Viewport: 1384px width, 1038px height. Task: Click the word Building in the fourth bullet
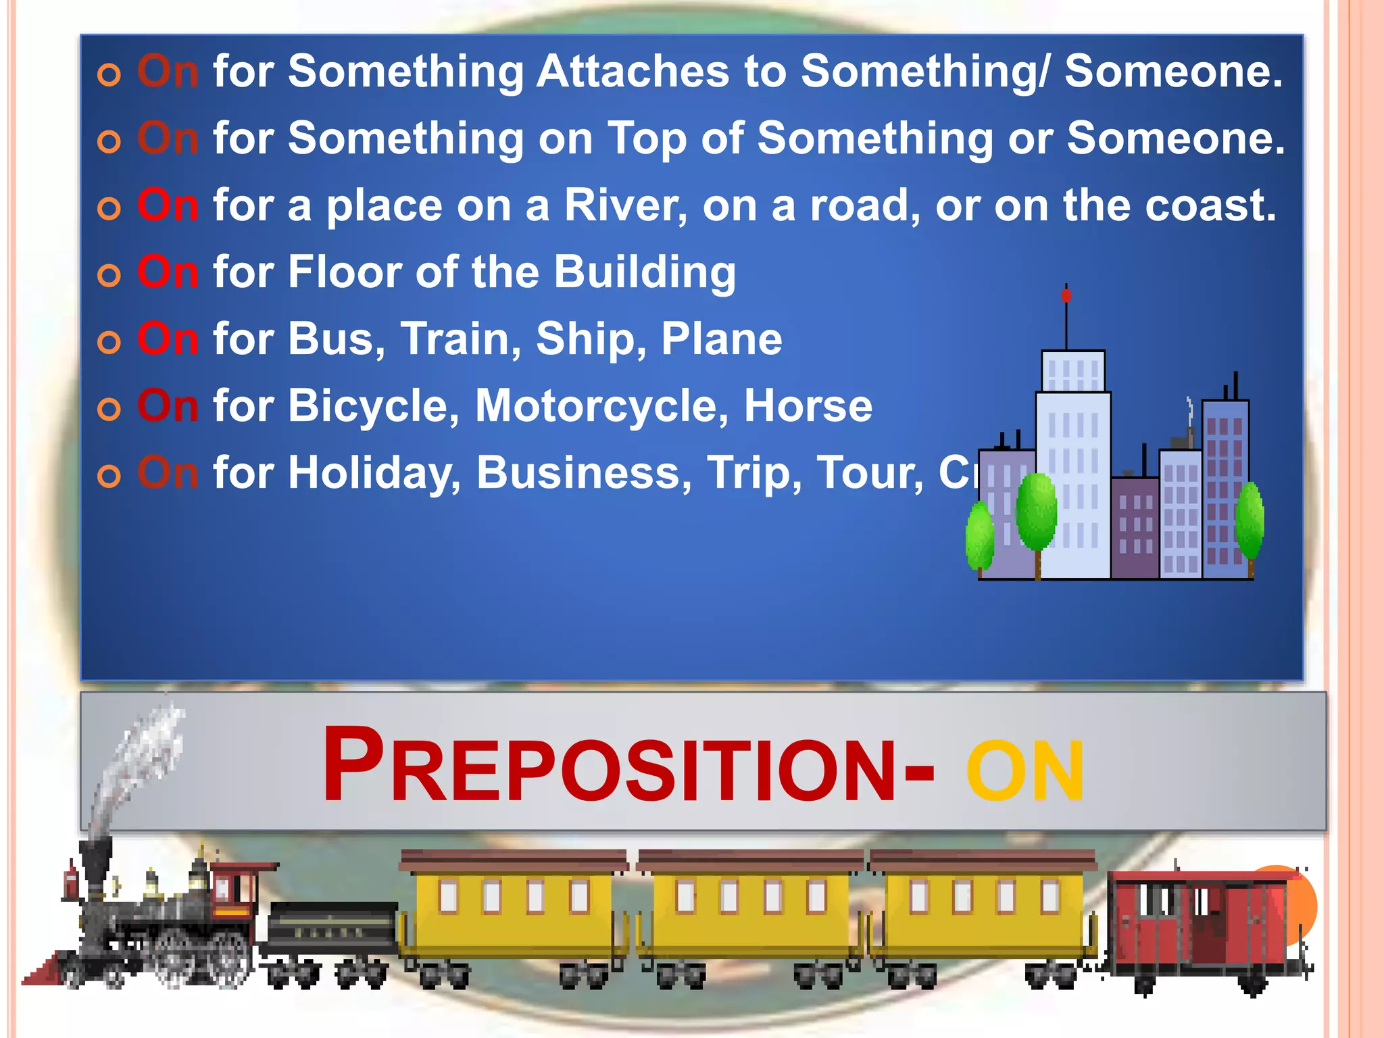645,272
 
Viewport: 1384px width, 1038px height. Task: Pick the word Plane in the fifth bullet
721,339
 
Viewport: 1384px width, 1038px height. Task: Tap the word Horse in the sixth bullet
808,405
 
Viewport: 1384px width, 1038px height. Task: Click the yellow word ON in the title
1024,772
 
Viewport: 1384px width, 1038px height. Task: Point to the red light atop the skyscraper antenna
1066,296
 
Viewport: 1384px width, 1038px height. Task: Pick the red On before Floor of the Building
168,272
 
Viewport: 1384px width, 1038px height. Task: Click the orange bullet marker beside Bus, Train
109,343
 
